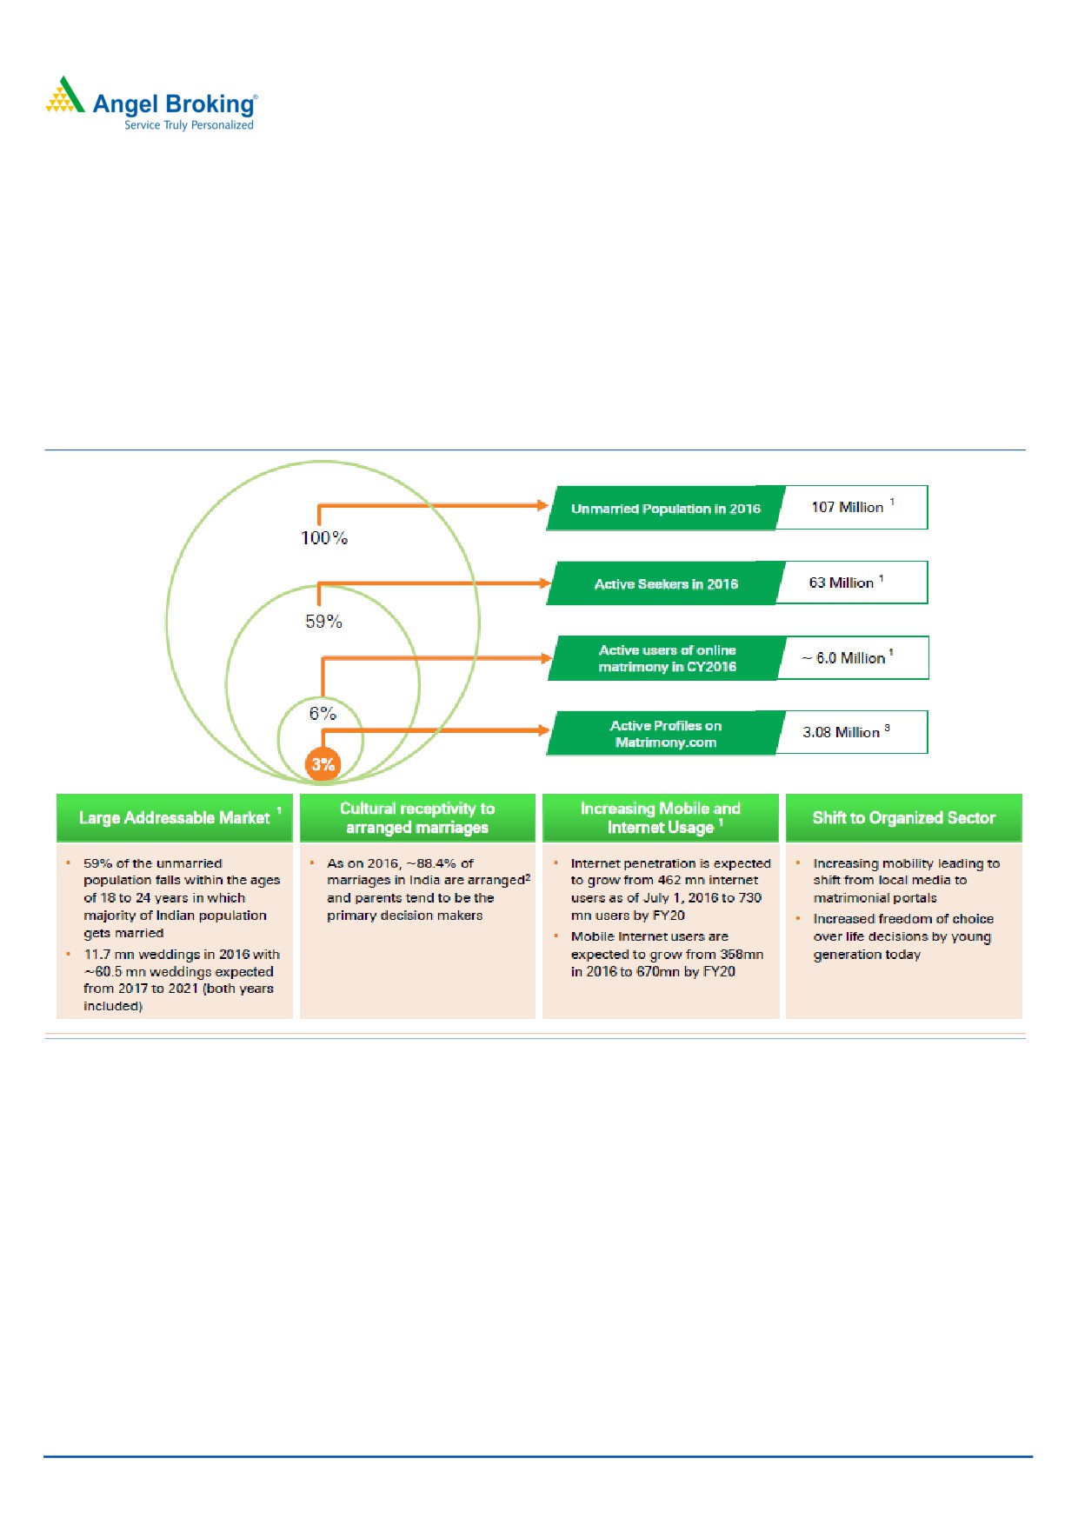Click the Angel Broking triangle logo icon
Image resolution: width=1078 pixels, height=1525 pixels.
click(x=65, y=96)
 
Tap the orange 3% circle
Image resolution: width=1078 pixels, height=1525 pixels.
click(x=323, y=764)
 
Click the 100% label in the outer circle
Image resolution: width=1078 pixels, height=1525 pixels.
click(x=324, y=538)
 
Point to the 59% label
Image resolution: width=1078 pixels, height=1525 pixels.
click(x=323, y=622)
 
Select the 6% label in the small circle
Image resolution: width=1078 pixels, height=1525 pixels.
click(x=323, y=714)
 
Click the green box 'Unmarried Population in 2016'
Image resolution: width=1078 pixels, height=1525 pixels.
click(x=665, y=509)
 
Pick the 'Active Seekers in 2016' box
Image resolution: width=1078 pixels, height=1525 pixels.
click(x=665, y=583)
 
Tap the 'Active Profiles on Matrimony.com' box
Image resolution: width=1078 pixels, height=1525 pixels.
click(x=665, y=734)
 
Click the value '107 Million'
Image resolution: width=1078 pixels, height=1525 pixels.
click(x=848, y=507)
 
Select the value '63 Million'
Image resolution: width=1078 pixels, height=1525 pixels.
click(x=842, y=583)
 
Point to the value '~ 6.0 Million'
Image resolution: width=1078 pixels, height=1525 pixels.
click(x=844, y=658)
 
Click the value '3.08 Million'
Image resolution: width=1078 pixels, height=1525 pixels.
click(x=842, y=732)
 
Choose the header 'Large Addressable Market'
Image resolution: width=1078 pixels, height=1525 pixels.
click(x=175, y=818)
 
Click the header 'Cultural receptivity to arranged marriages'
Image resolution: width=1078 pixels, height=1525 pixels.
click(x=417, y=818)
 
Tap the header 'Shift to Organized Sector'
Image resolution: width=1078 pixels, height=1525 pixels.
click(x=903, y=818)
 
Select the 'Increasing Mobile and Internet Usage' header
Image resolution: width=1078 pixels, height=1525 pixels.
click(x=661, y=818)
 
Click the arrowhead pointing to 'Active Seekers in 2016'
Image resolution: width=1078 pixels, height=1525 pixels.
click(x=545, y=583)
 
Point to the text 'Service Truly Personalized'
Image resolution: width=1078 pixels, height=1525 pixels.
click(x=189, y=125)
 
